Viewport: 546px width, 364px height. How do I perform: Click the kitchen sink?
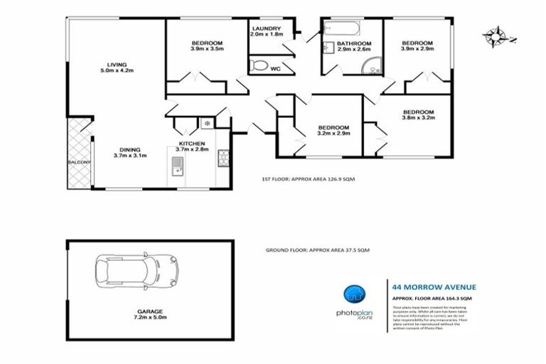(x=176, y=166)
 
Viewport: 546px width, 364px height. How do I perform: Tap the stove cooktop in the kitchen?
(x=223, y=158)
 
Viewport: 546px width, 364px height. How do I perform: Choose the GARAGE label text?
(x=150, y=311)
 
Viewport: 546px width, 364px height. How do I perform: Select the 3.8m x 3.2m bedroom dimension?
(x=418, y=119)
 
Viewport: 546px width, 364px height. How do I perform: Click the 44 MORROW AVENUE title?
(x=434, y=287)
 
